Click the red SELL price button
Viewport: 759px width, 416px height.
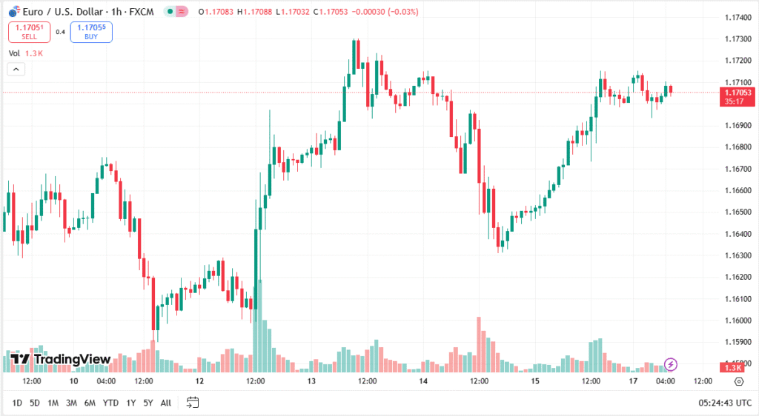(x=29, y=32)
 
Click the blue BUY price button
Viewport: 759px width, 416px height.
(x=91, y=32)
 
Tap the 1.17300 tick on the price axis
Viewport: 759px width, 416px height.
(x=736, y=38)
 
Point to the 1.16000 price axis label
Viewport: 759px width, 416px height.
(x=736, y=321)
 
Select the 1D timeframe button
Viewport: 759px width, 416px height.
(x=16, y=403)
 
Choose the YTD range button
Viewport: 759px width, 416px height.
(x=110, y=403)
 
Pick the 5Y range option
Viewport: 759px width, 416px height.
(x=148, y=403)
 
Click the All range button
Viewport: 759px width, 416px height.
(x=166, y=403)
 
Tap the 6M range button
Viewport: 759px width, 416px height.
(x=90, y=403)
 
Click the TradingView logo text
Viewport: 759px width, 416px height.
(x=61, y=359)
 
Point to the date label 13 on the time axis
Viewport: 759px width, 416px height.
(x=312, y=382)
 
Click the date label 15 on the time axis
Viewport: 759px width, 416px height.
(x=535, y=382)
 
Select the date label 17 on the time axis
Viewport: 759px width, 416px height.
(x=632, y=382)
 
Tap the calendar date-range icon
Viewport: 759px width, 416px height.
(x=193, y=403)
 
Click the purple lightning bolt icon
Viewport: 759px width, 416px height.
(x=671, y=363)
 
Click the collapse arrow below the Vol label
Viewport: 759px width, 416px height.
(x=17, y=69)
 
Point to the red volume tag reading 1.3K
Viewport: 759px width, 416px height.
(x=734, y=368)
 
